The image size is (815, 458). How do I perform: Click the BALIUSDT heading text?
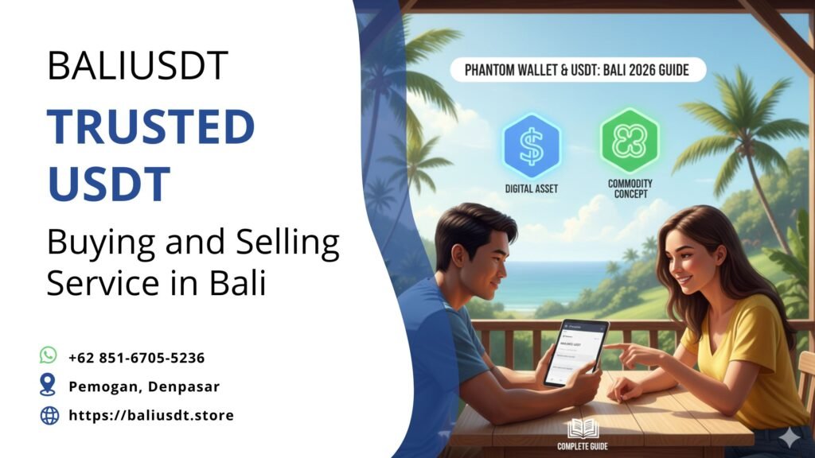[x=138, y=66]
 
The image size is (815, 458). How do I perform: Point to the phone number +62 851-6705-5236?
[x=136, y=358]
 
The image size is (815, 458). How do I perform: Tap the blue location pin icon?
[x=49, y=386]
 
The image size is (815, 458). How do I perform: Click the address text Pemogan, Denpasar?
[x=143, y=386]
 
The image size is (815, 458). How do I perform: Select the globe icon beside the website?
[x=49, y=415]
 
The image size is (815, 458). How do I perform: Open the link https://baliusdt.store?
[x=151, y=415]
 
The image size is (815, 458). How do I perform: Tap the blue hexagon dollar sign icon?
[x=532, y=145]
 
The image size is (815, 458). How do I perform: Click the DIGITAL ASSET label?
[x=532, y=189]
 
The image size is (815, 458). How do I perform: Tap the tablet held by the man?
[x=574, y=351]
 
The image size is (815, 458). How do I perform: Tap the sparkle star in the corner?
[x=790, y=437]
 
